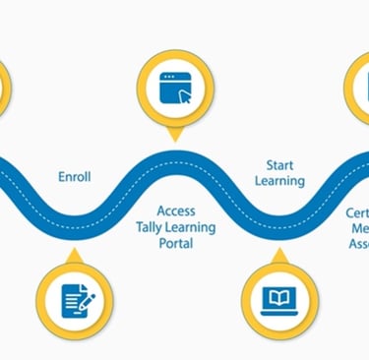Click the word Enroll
(74, 177)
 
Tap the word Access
(176, 210)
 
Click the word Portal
(176, 244)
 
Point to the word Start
(280, 164)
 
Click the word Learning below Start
(280, 181)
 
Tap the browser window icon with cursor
(175, 89)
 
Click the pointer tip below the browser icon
(175, 139)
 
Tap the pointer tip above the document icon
(76, 252)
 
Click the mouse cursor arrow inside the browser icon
(184, 96)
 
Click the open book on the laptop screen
(279, 295)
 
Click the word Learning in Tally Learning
(192, 227)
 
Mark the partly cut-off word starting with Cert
(356, 212)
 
